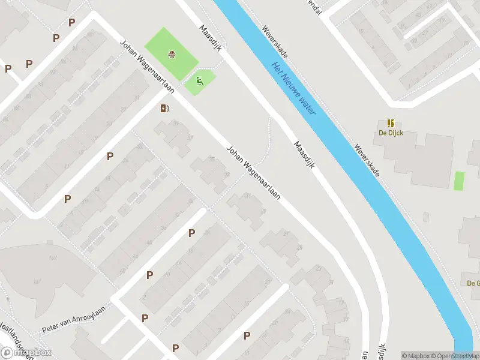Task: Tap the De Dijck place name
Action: click(x=390, y=133)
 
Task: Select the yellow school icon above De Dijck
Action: click(x=391, y=123)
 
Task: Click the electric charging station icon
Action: click(x=164, y=108)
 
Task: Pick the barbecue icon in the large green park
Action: click(x=172, y=55)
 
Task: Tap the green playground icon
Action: click(x=200, y=82)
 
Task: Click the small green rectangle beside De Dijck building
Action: click(x=460, y=181)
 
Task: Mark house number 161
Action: click(x=37, y=281)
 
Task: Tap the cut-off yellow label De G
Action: click(x=473, y=283)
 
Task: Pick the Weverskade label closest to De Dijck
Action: click(x=367, y=159)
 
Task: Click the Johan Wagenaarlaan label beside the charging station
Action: click(x=147, y=67)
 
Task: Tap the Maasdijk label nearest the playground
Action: click(x=212, y=38)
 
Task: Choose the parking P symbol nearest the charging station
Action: click(x=110, y=157)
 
